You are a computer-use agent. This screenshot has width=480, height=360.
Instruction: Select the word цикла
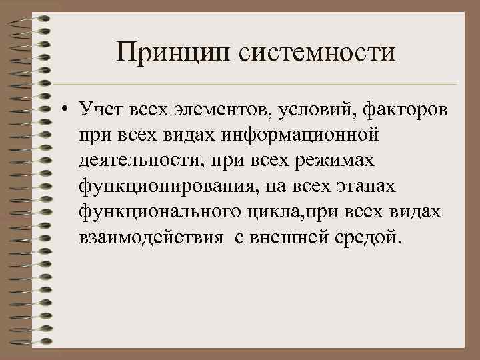tap(281, 212)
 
